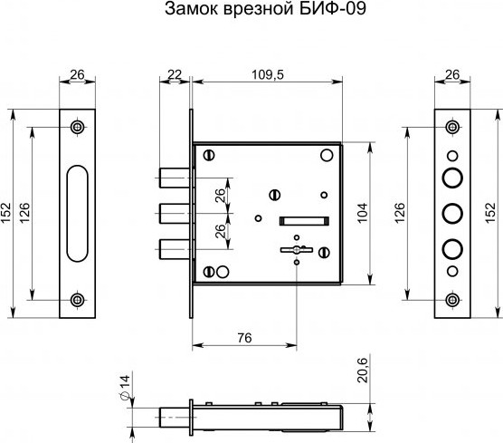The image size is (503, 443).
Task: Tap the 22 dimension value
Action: coord(175,73)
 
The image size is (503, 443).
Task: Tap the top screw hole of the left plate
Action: coord(77,126)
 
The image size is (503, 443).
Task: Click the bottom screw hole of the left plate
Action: coord(77,298)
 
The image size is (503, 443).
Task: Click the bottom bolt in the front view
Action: coord(172,246)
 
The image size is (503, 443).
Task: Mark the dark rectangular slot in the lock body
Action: coord(303,218)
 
